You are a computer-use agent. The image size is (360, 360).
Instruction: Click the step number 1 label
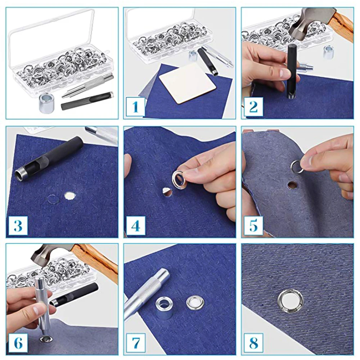coord(135,107)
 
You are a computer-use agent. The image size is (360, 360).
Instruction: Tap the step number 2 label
coord(253,107)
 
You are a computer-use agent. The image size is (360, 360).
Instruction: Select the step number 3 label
coord(18,225)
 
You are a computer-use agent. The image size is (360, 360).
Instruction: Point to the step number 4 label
coord(136,225)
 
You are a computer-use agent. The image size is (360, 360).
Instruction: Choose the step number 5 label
coord(253,225)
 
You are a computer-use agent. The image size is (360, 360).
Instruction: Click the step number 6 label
coord(18,343)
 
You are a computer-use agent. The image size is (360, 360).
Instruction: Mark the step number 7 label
coord(136,343)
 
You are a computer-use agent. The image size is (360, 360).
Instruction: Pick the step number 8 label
coord(253,343)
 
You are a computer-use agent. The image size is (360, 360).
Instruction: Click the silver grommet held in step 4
coord(178,179)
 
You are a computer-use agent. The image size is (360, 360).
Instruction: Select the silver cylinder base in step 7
coord(163,307)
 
